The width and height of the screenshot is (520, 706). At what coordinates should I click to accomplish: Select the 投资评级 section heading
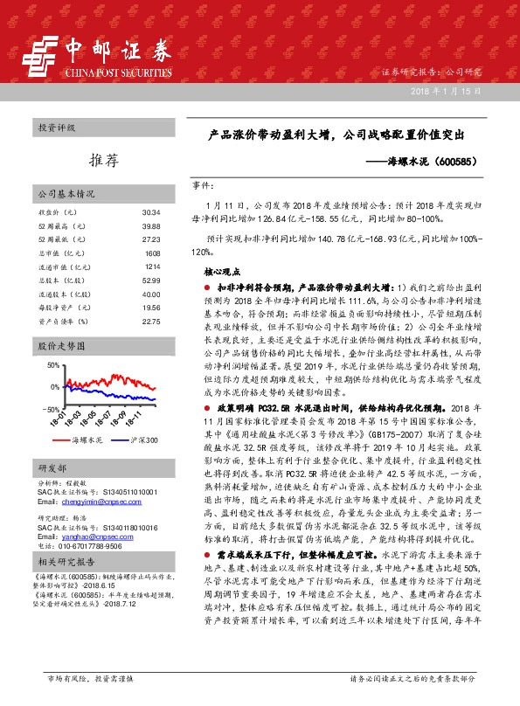point(58,128)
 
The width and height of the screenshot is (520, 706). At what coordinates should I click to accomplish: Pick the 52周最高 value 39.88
point(150,225)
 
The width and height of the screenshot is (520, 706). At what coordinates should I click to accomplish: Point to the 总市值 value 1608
point(152,253)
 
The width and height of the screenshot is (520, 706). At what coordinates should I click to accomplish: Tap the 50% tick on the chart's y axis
point(53,364)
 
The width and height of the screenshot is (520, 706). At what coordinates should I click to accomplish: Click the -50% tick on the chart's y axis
point(52,408)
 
